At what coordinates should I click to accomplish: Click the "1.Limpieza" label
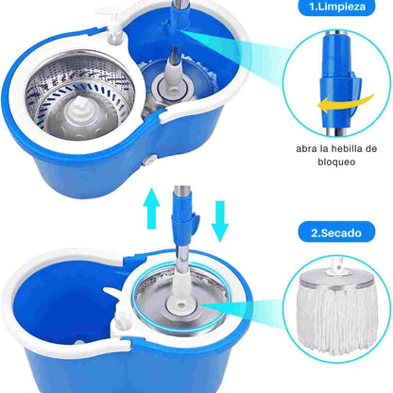[336, 7]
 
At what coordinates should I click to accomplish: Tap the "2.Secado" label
[336, 232]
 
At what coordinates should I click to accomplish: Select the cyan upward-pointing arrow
[151, 208]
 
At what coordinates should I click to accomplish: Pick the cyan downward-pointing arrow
[220, 221]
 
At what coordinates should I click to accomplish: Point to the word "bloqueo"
[336, 162]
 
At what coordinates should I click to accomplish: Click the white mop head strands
[337, 318]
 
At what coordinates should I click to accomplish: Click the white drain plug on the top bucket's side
[148, 161]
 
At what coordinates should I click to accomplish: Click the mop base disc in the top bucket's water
[172, 90]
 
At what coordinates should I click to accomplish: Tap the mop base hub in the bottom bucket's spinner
[182, 305]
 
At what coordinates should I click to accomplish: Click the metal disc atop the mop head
[336, 281]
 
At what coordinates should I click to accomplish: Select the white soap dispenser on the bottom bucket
[121, 319]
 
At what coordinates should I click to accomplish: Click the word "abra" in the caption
[303, 149]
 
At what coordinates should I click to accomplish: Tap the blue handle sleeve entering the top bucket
[178, 18]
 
